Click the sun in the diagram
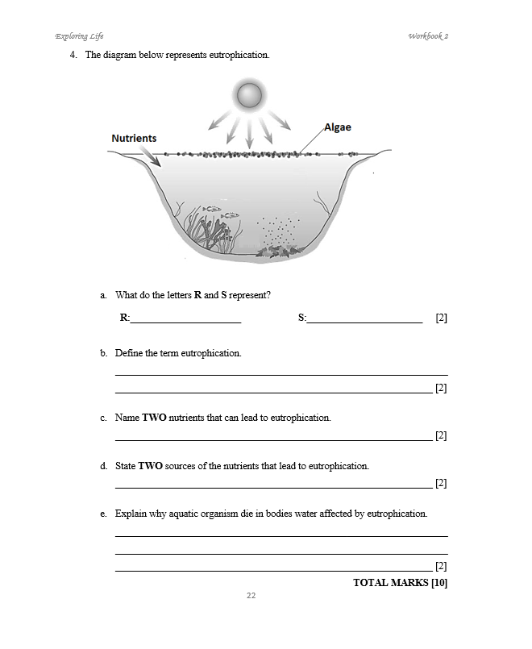pos(248,96)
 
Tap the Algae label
pos(337,127)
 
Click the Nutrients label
pos(134,139)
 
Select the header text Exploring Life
pos(79,36)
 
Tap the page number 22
pos(251,595)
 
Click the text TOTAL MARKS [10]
pos(400,582)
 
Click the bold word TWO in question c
pos(155,418)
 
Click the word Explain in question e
pos(131,514)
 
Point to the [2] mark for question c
pos(441,436)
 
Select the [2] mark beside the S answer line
pos(441,318)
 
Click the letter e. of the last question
pos(103,514)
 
